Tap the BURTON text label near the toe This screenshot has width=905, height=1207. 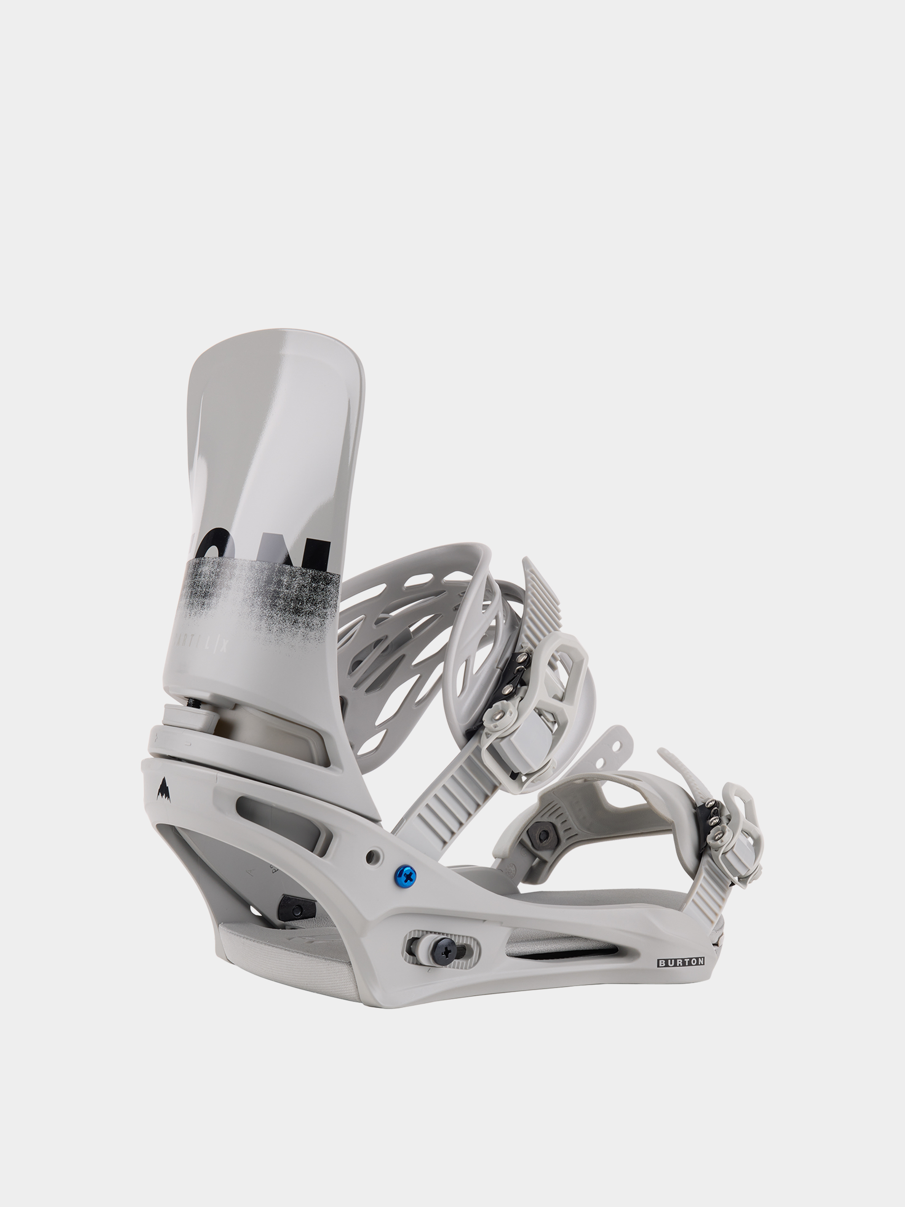tap(681, 962)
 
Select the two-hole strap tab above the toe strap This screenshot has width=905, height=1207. tap(614, 745)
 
